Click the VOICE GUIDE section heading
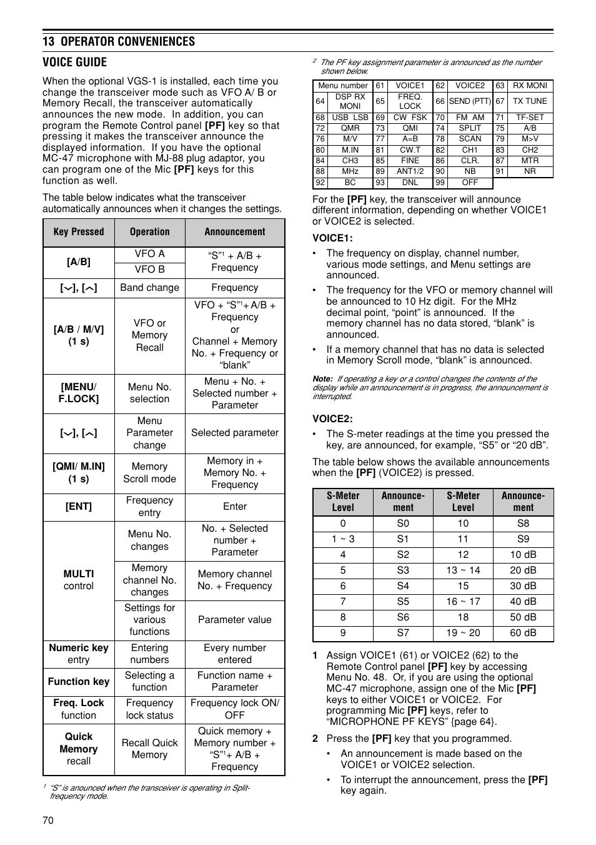[75, 62]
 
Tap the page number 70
[48, 820]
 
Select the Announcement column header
[235, 232]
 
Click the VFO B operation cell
[149, 270]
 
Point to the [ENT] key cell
[79, 507]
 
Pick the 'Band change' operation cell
[149, 288]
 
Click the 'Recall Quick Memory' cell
[149, 749]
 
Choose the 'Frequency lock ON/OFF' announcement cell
[235, 709]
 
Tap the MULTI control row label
[79, 580]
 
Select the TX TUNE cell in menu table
[530, 101]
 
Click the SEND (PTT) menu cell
[470, 101]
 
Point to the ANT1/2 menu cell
[410, 171]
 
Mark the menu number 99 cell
[440, 183]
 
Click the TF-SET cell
[530, 118]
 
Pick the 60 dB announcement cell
[523, 633]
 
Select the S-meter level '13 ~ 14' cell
[463, 570]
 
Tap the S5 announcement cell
[403, 602]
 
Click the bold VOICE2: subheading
[332, 419]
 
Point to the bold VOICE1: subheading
[332, 238]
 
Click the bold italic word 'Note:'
[323, 379]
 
